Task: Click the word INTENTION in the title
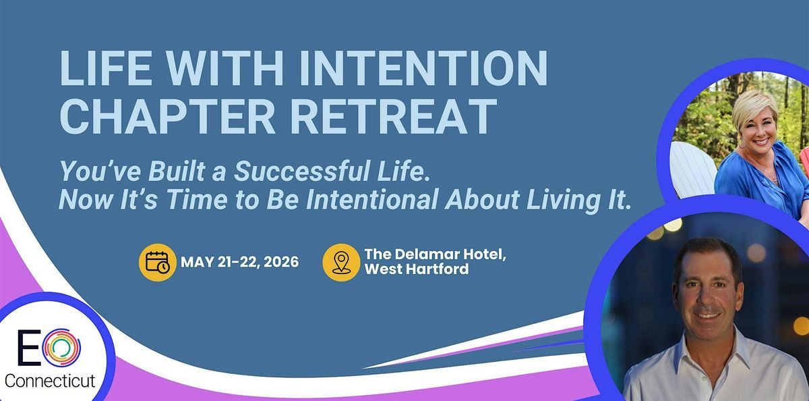[423, 68]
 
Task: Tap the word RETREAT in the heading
[394, 116]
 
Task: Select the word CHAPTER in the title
[168, 116]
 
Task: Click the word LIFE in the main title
[105, 68]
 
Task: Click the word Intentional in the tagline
[372, 199]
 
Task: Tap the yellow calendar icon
[158, 262]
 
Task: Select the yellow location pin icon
[341, 262]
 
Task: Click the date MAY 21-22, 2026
[240, 262]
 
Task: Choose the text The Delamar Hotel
[433, 255]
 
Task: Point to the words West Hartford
[417, 269]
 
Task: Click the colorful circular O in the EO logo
[61, 348]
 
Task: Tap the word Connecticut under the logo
[50, 381]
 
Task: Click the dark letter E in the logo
[29, 347]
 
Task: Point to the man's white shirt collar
[708, 352]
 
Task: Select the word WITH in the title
[225, 68]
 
